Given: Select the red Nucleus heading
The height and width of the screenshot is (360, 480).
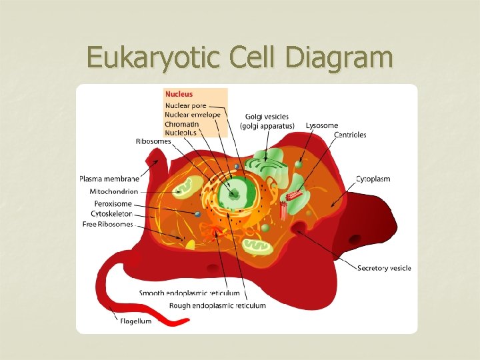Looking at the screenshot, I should pyautogui.click(x=179, y=95).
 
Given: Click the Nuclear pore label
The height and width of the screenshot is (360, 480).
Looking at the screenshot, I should pyautogui.click(x=186, y=105).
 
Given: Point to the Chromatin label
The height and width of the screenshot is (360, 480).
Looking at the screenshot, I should pyautogui.click(x=182, y=123).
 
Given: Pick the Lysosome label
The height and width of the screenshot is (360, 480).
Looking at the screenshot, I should pyautogui.click(x=322, y=125).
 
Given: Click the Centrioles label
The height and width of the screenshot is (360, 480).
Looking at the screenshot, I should pyautogui.click(x=350, y=135).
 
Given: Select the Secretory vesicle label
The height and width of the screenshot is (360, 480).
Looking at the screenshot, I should pyautogui.click(x=384, y=268).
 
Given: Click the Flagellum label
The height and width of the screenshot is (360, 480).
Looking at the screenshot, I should pyautogui.click(x=135, y=321).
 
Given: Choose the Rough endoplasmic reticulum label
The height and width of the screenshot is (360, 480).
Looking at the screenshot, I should pyautogui.click(x=217, y=305).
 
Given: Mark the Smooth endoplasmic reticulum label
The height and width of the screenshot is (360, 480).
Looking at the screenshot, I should pyautogui.click(x=189, y=293).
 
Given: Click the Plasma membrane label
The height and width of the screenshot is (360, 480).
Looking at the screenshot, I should pyautogui.click(x=109, y=179).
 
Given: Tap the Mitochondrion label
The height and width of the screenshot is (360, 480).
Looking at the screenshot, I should pyautogui.click(x=114, y=192).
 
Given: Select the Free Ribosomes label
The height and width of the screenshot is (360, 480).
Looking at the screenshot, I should pyautogui.click(x=107, y=225).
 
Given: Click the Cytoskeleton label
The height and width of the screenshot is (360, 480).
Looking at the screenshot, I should pyautogui.click(x=112, y=214).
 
